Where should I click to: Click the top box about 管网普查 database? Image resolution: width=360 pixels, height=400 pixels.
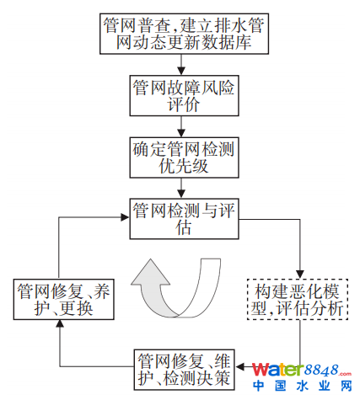[184, 34]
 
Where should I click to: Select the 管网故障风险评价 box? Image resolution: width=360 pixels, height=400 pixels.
[184, 95]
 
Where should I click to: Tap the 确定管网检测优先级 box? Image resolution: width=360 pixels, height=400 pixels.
[184, 157]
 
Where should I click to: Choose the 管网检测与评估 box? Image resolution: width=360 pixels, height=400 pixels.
[184, 219]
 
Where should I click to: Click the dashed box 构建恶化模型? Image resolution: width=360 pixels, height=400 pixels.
[298, 300]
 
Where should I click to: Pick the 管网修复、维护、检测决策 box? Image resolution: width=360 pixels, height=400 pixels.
[184, 370]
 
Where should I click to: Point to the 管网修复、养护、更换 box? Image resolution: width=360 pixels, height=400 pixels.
[64, 299]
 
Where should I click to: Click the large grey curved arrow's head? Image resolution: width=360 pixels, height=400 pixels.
[151, 272]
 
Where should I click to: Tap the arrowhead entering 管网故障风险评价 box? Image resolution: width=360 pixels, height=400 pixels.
[181, 71]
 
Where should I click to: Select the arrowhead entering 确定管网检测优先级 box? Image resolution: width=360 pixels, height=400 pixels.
[181, 133]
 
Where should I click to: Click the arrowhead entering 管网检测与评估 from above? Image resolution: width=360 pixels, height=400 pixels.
[181, 194]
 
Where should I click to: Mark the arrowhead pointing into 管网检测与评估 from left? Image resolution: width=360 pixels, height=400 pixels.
[125, 217]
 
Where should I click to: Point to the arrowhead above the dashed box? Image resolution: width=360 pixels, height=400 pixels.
[300, 275]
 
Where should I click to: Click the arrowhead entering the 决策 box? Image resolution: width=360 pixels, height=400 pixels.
[239, 366]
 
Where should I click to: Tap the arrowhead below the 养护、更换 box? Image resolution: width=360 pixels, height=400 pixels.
[60, 323]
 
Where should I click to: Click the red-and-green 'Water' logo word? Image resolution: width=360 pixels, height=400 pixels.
[278, 370]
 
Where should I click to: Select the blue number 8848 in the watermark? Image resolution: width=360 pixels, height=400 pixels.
[321, 370]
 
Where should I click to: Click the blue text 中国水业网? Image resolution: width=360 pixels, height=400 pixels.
[303, 386]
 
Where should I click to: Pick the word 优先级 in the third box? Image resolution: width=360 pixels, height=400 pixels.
[184, 166]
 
